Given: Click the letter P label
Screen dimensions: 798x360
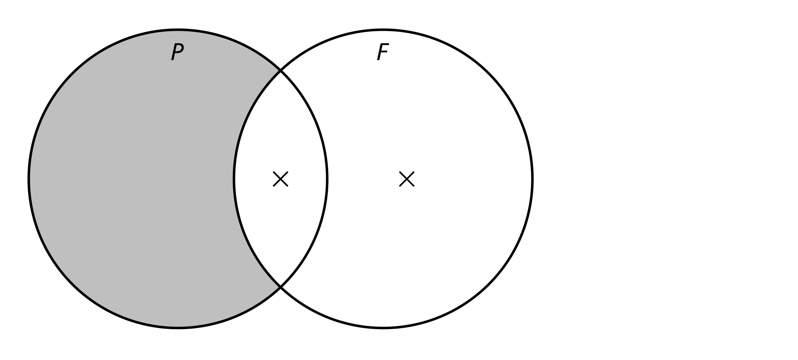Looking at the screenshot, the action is [x=177, y=52].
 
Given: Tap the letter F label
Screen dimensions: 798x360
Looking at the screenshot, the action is [x=383, y=52].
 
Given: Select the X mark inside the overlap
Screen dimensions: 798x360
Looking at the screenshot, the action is [x=281, y=179].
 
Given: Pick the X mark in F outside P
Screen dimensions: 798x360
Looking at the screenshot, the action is [x=407, y=179].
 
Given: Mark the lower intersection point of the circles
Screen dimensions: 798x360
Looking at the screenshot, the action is [x=281, y=286].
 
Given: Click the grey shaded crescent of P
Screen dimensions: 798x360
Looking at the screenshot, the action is [x=131, y=179].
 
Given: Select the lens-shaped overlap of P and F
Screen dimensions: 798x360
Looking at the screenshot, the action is [x=281, y=179].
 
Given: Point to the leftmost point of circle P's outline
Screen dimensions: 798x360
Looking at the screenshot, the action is [x=29, y=179].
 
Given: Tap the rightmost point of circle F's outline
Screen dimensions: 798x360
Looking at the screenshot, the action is [x=532, y=179].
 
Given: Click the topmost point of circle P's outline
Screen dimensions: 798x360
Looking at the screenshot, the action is [x=178, y=30].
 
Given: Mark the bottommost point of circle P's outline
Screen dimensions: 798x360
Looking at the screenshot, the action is [x=178, y=328].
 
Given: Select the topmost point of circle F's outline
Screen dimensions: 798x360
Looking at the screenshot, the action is [x=383, y=30].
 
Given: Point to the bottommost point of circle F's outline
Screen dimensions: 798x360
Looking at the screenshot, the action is [x=383, y=328].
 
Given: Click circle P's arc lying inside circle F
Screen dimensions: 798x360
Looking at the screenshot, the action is [x=327, y=179].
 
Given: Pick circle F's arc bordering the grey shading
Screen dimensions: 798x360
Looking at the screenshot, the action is [x=234, y=179].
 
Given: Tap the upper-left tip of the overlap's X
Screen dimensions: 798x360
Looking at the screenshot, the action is [x=273, y=172].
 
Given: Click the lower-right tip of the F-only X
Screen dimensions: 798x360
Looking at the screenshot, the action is [x=414, y=187].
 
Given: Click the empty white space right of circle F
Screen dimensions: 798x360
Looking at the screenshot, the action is [x=665, y=179].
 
